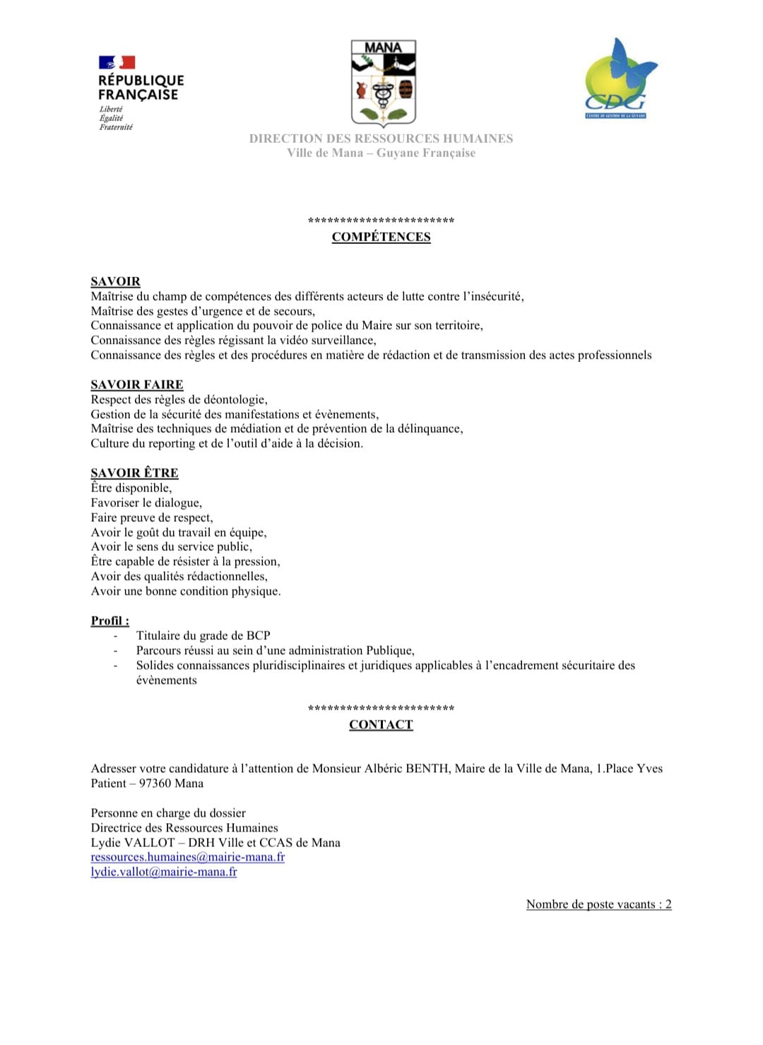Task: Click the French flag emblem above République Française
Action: click(x=117, y=62)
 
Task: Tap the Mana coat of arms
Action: click(x=383, y=83)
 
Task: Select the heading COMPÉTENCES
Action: click(x=381, y=237)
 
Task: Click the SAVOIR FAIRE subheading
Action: click(x=136, y=385)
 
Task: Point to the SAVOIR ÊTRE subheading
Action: click(x=134, y=473)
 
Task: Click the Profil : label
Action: click(x=110, y=621)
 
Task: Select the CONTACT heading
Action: click(x=381, y=725)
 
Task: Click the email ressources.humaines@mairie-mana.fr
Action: click(x=187, y=857)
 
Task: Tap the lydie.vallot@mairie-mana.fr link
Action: click(x=163, y=872)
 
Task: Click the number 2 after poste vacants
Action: click(x=668, y=904)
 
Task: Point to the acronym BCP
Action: click(x=258, y=636)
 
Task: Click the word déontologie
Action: click(x=235, y=400)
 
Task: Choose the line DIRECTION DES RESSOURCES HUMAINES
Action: click(x=381, y=139)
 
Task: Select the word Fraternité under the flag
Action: click(x=116, y=127)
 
